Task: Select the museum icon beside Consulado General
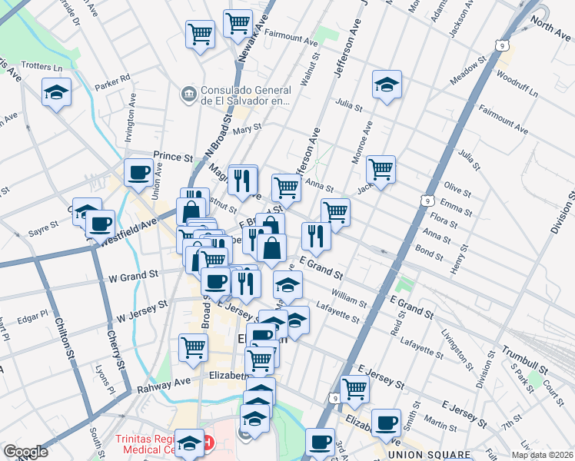coord(188,94)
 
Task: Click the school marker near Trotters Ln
coord(56,93)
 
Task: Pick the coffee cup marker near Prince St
coord(139,173)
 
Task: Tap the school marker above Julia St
coord(387,85)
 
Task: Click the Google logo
coord(25,452)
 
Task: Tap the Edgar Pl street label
coord(32,316)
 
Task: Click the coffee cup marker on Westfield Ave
coord(100,224)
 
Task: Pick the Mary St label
coord(247,129)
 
